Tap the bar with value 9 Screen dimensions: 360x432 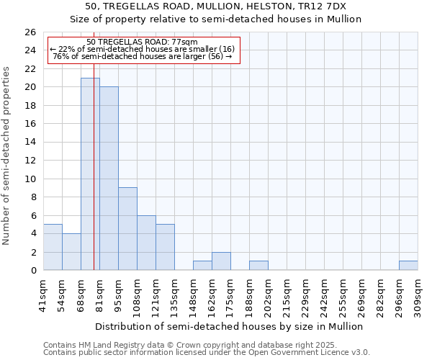[x=127, y=229]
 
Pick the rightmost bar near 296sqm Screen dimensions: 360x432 [x=408, y=266]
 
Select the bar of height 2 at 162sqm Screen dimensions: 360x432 [x=221, y=261]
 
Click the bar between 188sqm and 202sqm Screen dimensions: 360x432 [x=258, y=266]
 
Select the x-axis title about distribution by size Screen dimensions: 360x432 [x=229, y=326]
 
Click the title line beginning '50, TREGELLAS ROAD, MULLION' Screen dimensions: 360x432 [x=216, y=6]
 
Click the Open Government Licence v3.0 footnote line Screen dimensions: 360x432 [x=206, y=353]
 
